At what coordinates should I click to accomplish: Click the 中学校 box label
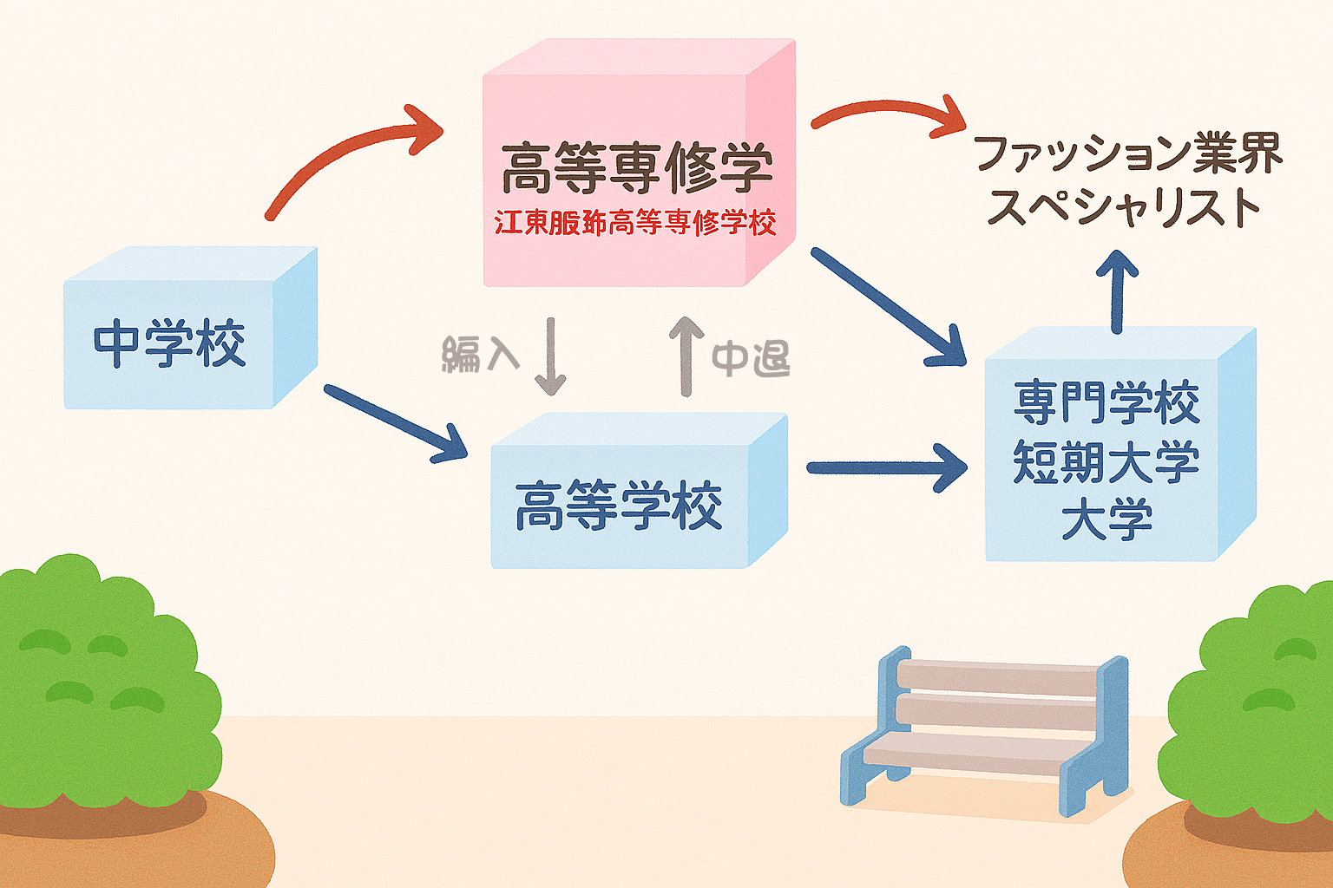(170, 343)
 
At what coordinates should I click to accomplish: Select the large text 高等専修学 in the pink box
(636, 167)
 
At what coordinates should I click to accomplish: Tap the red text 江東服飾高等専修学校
(635, 223)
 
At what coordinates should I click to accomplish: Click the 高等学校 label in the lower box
(619, 506)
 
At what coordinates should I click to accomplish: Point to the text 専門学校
(1106, 403)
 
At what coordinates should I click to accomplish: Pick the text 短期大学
(1106, 461)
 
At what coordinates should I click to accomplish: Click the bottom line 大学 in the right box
(1106, 520)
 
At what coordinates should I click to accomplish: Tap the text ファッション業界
(1127, 153)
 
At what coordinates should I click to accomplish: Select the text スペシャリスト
(1124, 208)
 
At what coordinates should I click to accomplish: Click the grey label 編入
(481, 355)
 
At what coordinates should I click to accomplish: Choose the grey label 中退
(751, 358)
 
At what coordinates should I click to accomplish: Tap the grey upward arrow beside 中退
(686, 356)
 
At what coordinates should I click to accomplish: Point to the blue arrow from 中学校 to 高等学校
(395, 423)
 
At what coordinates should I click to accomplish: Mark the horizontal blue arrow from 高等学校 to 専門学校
(885, 468)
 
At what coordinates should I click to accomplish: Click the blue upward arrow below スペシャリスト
(1118, 291)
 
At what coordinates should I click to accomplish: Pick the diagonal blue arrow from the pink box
(887, 307)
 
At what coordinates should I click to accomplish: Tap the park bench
(985, 728)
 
